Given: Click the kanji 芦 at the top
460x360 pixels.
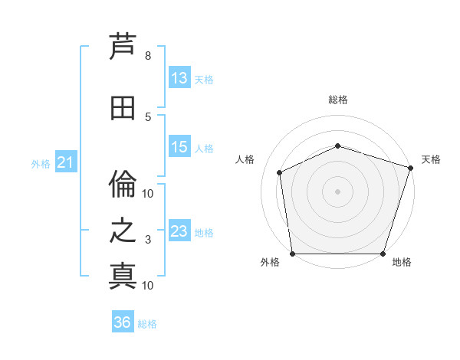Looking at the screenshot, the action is point(123,46).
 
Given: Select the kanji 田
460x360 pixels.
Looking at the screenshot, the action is point(123,108).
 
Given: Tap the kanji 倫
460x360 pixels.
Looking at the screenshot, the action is point(123,184).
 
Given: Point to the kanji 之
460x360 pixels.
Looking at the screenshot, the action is point(123,231).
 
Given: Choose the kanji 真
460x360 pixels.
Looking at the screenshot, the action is point(123,277).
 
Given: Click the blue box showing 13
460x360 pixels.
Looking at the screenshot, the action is point(179,77).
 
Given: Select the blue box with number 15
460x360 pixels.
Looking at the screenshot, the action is point(179,146).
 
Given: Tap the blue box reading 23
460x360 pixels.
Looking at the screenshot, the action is point(179,230).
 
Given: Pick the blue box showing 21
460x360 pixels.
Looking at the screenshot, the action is point(66,162).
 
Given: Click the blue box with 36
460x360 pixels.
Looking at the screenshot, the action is point(123,321).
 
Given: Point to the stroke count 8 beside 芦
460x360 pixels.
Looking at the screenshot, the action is point(148,56).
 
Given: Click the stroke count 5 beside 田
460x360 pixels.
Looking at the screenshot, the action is point(148,117).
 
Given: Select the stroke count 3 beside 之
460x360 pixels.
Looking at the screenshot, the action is point(148,240).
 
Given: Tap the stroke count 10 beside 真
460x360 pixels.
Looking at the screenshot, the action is point(147,286).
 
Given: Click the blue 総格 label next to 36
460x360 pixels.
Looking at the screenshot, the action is point(147,324).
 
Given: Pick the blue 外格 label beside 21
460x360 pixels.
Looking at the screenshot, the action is point(41,164).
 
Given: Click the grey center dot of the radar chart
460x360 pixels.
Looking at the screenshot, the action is point(337,191).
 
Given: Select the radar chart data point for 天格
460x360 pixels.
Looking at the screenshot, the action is point(411,168).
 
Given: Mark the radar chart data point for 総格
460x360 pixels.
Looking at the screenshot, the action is point(338,146).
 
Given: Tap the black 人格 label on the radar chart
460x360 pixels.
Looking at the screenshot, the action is point(245,159).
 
